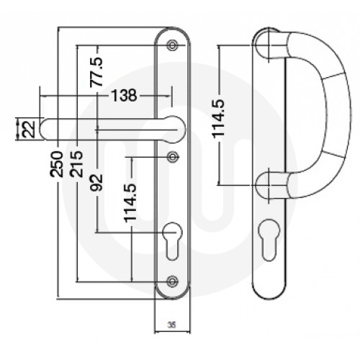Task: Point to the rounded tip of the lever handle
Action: [x=45, y=130]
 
